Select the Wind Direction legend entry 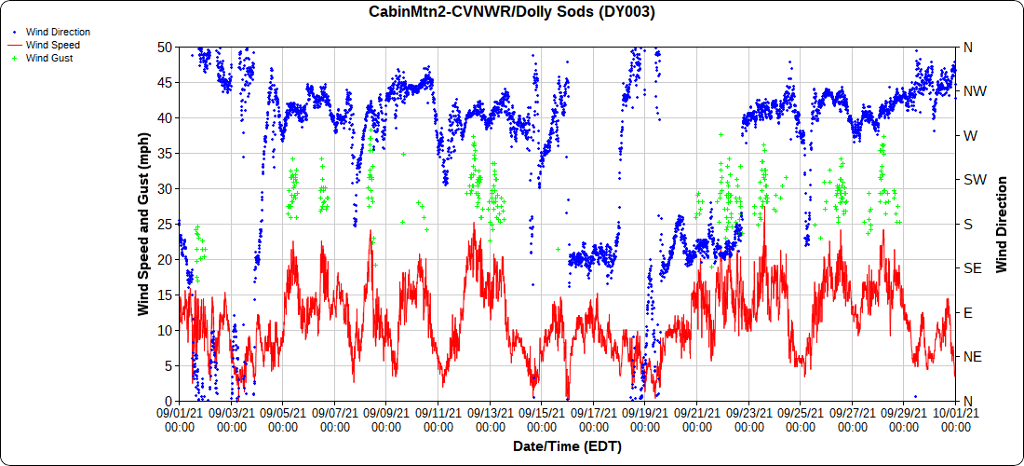(58, 32)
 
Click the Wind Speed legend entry (53, 45)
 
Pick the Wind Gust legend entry (50, 58)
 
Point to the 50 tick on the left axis (164, 47)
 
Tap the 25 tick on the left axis (164, 224)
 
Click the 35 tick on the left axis (164, 153)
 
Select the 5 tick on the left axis (168, 365)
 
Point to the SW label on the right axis (973, 180)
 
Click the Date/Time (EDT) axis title (567, 446)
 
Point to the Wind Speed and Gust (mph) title (144, 224)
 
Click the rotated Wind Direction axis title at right (1002, 224)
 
